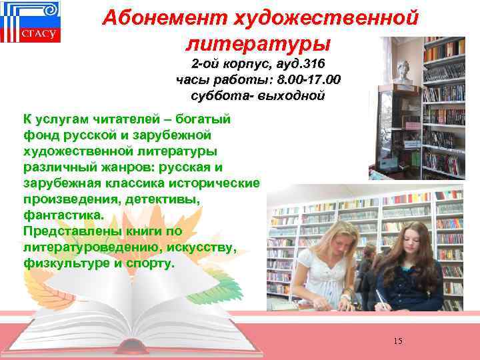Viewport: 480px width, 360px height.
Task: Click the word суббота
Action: coord(215,95)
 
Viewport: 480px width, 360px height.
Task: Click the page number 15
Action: coord(398,342)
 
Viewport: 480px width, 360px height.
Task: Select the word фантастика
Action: coord(64,215)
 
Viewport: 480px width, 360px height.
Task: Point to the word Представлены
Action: coord(69,231)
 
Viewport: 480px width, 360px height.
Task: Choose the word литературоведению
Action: coord(93,247)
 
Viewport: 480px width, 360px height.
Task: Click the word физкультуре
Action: coord(69,263)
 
